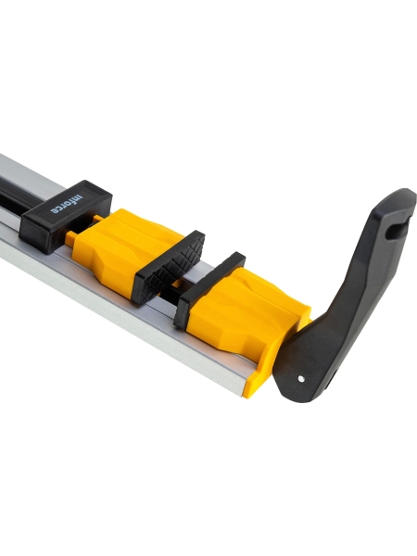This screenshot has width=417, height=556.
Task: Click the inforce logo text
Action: click(67, 204)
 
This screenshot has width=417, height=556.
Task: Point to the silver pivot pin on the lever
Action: click(301, 379)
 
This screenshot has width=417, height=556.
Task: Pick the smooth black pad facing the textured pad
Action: click(209, 289)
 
